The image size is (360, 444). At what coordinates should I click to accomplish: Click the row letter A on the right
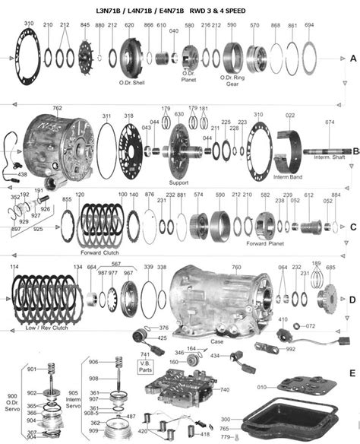[352, 59]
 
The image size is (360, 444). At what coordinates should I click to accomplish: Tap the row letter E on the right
[351, 373]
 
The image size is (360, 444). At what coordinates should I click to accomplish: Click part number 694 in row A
[309, 25]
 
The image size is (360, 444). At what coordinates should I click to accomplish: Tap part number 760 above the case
[235, 268]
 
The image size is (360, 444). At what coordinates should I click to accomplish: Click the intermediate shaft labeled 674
[327, 152]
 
